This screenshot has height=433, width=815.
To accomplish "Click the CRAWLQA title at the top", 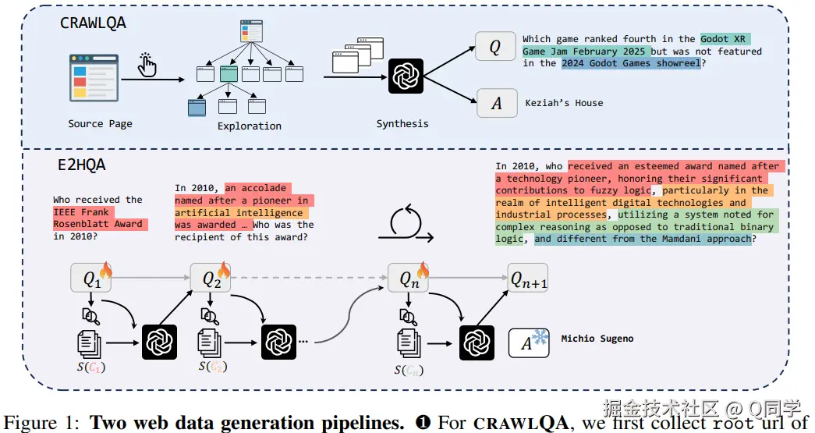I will (93, 23).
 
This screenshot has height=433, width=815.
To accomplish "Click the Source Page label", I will (100, 123).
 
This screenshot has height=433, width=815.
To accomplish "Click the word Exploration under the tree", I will (250, 126).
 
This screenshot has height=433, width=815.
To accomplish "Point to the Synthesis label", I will (402, 123).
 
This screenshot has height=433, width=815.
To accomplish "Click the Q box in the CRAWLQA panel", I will (496, 47).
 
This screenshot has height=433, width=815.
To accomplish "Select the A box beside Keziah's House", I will (496, 102).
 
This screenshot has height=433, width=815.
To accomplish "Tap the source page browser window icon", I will (94, 78).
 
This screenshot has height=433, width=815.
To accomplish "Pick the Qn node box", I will (407, 278).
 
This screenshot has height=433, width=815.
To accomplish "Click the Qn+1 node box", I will (527, 278).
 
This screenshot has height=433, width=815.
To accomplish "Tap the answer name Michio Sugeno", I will (597, 339).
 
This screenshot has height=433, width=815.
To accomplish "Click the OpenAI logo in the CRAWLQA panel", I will (406, 76).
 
